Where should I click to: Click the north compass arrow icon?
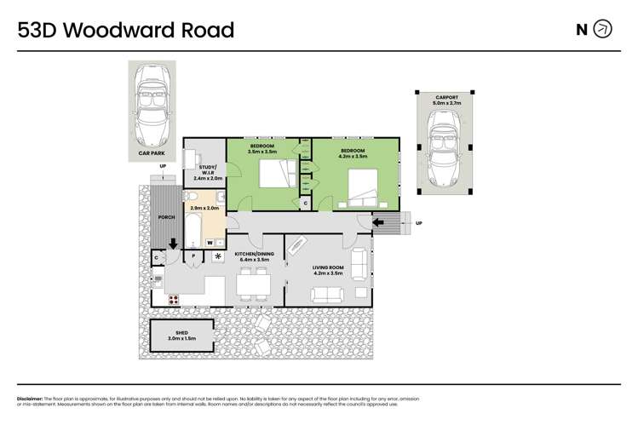pyautogui.click(x=602, y=30)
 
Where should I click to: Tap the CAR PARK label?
pyautogui.click(x=151, y=154)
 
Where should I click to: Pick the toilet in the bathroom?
pyautogui.click(x=192, y=198)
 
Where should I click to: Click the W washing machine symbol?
pyautogui.click(x=209, y=243)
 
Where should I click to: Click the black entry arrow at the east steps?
pyautogui.click(x=376, y=223)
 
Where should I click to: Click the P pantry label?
pyautogui.click(x=193, y=255)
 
